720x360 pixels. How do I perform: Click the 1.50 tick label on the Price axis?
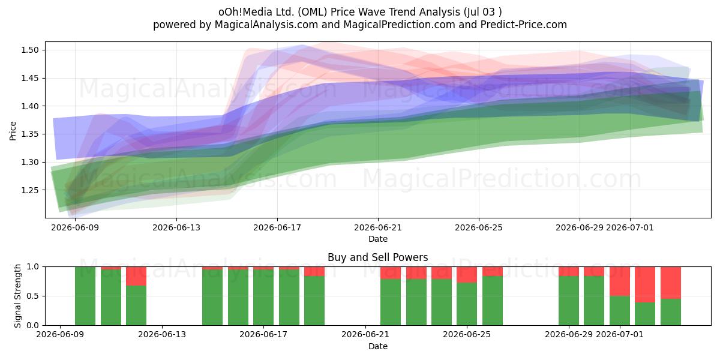click(29, 50)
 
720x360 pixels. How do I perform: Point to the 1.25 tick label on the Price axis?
click(29, 190)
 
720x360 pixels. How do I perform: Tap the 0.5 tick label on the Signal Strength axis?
click(33, 296)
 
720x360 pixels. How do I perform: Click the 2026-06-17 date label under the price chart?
click(277, 227)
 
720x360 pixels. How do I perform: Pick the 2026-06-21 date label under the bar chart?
click(365, 334)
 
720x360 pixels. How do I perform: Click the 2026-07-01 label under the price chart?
click(629, 227)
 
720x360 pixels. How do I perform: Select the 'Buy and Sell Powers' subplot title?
click(377, 257)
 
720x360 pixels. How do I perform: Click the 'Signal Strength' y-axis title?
click(17, 296)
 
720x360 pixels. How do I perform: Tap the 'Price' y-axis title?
click(13, 131)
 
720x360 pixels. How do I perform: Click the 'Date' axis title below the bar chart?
click(377, 346)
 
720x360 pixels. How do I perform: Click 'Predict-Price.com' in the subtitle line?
click(524, 25)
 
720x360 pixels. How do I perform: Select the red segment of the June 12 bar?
click(136, 276)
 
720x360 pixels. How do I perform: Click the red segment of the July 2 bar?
click(645, 284)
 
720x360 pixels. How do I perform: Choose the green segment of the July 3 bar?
click(671, 312)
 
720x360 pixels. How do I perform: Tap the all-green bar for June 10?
click(85, 296)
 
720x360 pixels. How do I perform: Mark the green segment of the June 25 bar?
click(493, 301)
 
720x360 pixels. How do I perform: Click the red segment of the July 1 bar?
click(620, 281)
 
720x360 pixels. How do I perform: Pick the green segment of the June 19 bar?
click(314, 301)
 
